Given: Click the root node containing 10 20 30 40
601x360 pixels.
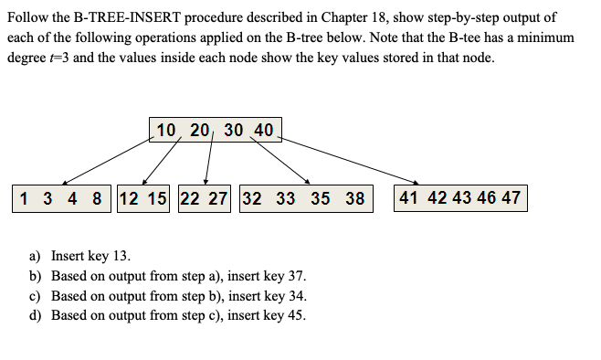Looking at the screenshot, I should click(x=215, y=130).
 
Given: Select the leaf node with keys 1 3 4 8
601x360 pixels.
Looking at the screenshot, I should click(x=60, y=198).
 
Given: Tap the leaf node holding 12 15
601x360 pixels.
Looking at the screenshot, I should click(x=144, y=198).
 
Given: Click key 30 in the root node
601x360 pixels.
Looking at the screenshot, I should click(x=233, y=130).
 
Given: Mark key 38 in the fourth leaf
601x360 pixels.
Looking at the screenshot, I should click(x=354, y=198).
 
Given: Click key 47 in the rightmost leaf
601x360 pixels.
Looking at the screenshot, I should click(x=511, y=198).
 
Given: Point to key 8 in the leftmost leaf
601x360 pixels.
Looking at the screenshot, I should click(x=97, y=198).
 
